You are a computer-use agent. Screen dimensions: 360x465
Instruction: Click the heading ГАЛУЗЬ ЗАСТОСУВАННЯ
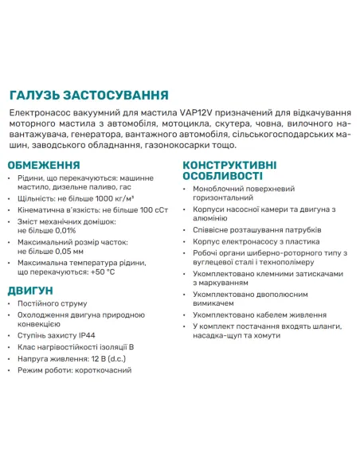[x=88, y=93]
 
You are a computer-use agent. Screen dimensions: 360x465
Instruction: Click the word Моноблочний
[x=222, y=188]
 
